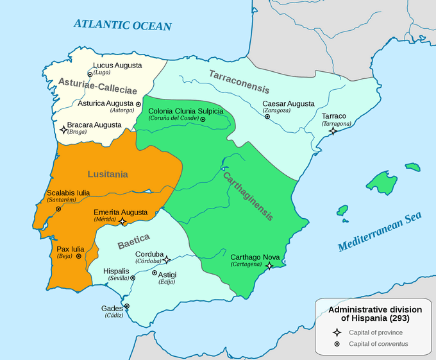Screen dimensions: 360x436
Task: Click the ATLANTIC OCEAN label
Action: tap(122, 25)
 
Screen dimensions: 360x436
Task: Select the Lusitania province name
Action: tap(108, 174)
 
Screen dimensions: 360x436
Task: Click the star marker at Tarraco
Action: tap(333, 131)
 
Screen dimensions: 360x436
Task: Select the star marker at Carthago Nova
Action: tap(270, 265)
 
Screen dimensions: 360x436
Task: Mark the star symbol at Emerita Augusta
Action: tap(122, 221)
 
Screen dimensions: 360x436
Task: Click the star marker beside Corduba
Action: tap(166, 260)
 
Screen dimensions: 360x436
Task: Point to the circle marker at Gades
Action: tap(127, 306)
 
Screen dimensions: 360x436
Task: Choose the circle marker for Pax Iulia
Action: tap(78, 255)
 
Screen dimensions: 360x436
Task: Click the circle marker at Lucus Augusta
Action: tap(90, 74)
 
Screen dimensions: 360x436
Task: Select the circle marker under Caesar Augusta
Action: tap(266, 116)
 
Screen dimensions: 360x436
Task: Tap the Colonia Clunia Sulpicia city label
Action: tap(185, 111)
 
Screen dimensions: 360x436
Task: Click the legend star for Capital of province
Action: tap(337, 332)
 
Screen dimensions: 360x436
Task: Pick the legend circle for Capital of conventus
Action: tap(337, 344)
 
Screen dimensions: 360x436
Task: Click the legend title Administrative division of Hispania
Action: tap(369, 313)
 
